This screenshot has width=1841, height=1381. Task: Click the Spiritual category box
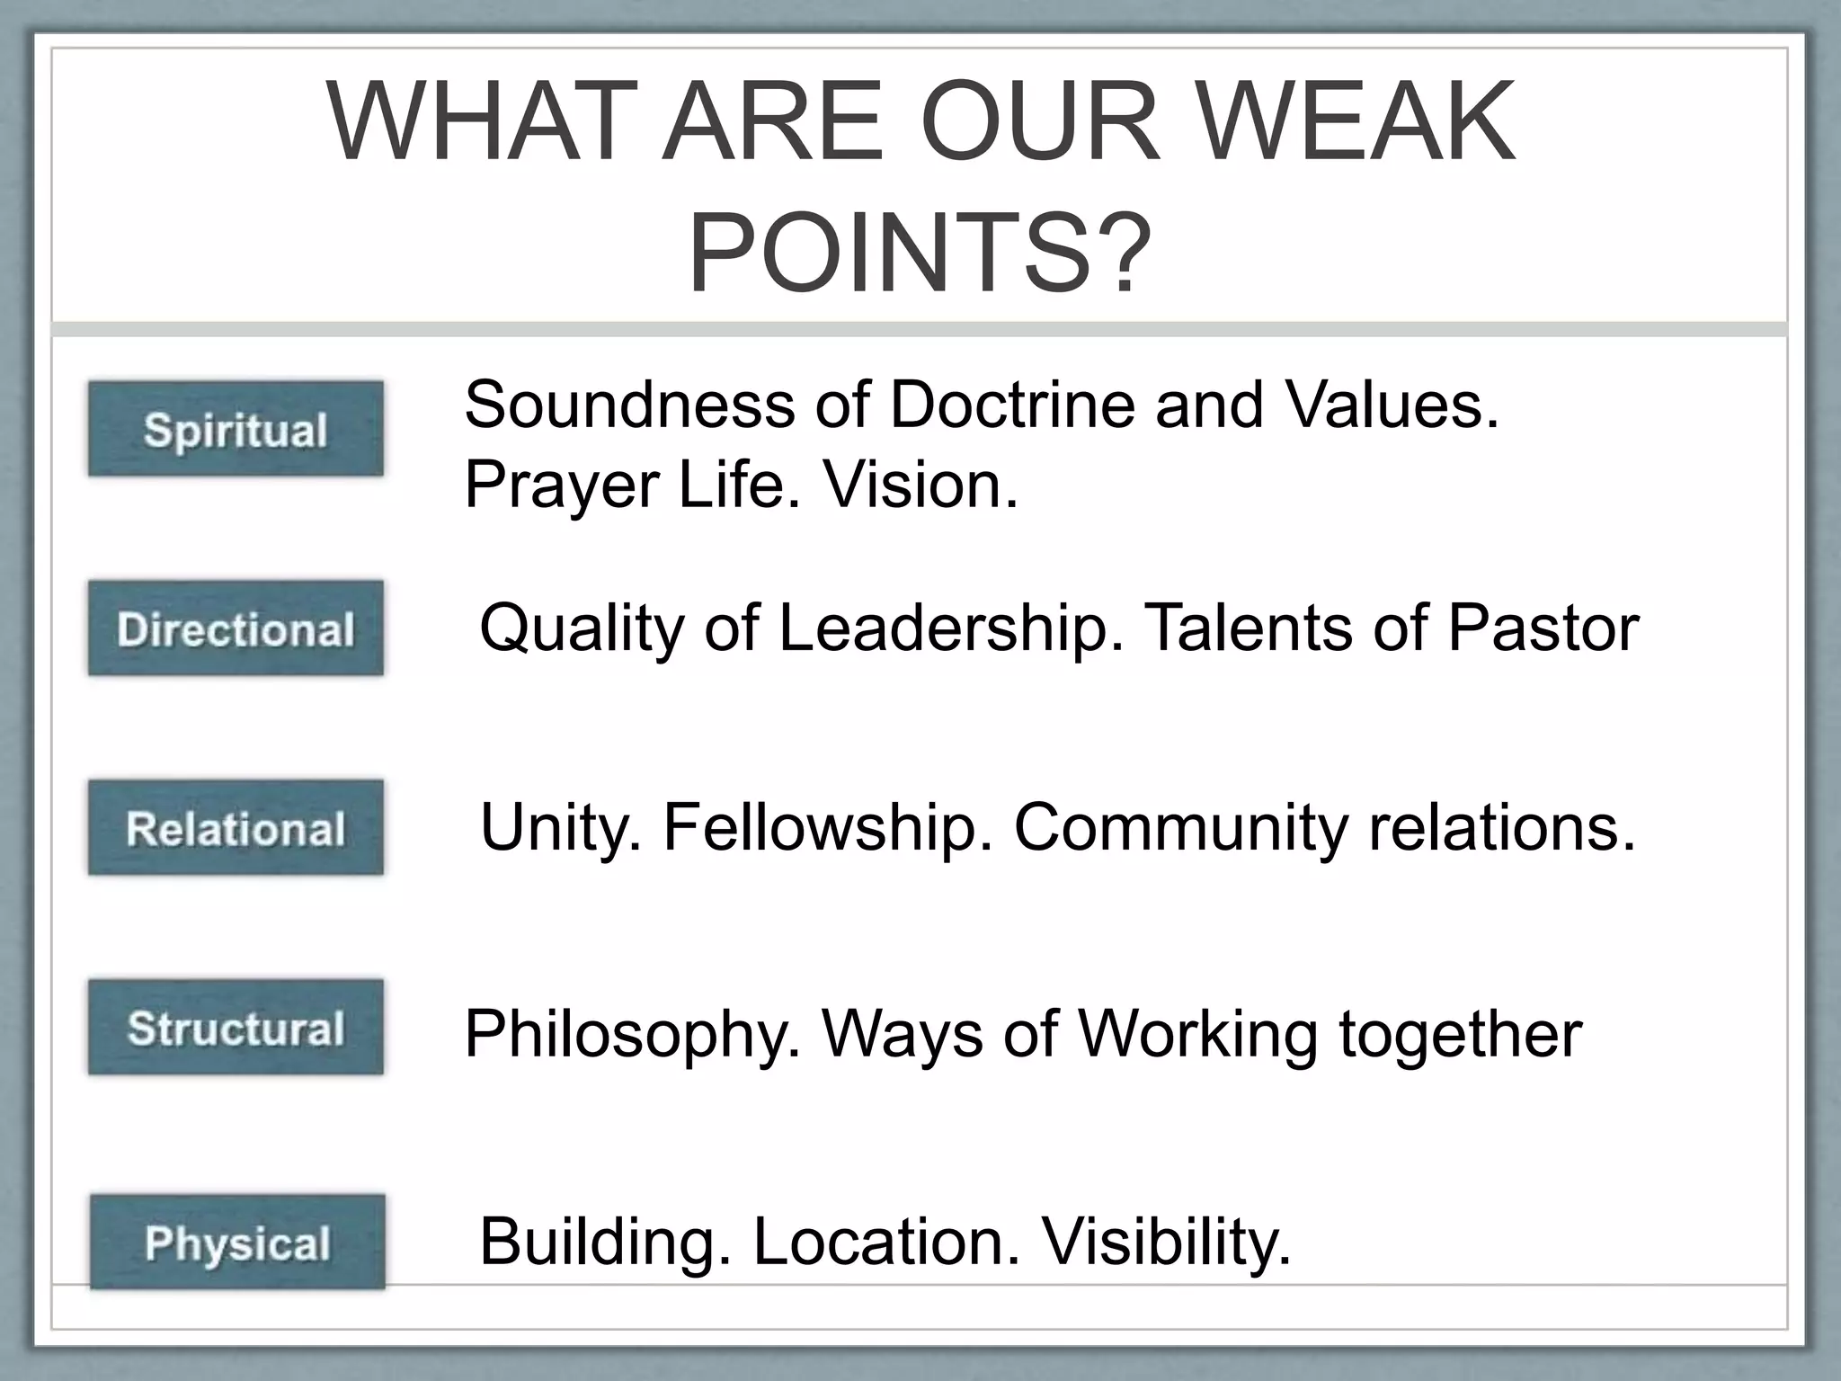[236, 429]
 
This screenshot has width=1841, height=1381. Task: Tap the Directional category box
[236, 628]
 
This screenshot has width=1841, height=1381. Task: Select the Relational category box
[236, 828]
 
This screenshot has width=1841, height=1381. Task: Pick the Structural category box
[236, 1028]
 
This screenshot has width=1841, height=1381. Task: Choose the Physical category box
[237, 1243]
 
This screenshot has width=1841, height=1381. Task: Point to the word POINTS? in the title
[919, 251]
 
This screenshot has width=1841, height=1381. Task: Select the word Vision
[921, 485]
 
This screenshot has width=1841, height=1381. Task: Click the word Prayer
[562, 486]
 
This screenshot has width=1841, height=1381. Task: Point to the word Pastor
[1543, 628]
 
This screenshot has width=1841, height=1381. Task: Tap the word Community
[1180, 827]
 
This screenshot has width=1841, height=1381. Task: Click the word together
[1460, 1034]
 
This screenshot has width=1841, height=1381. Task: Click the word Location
[886, 1242]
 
